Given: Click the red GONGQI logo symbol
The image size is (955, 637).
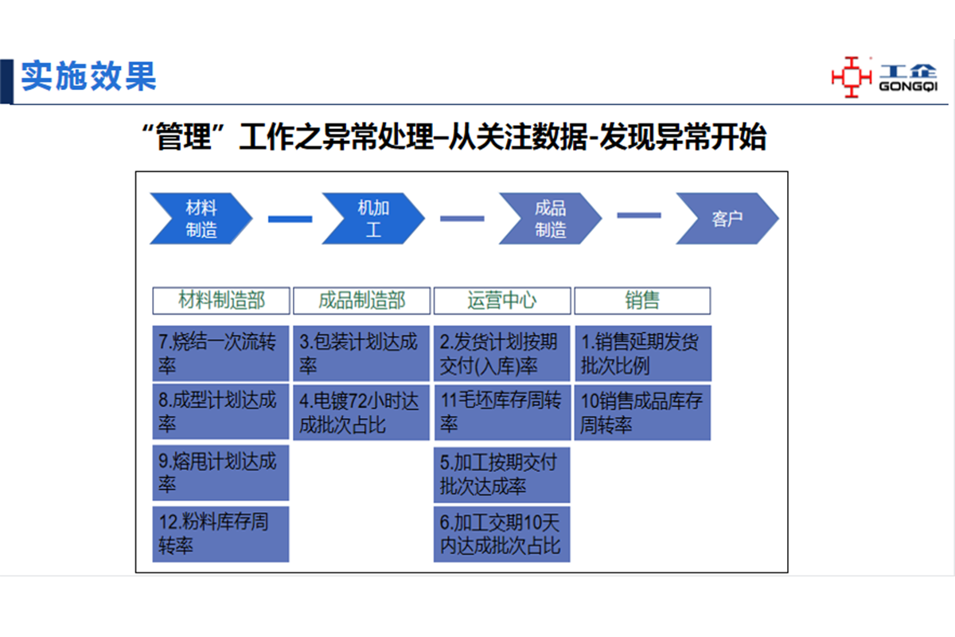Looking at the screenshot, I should pyautogui.click(x=851, y=76).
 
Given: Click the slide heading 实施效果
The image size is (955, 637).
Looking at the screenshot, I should pyautogui.click(x=88, y=76).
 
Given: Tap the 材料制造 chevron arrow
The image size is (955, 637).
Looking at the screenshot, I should pyautogui.click(x=201, y=219).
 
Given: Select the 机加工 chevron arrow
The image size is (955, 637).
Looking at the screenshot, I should pyautogui.click(x=373, y=219).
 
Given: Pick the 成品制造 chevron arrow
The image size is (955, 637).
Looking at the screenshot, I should pyautogui.click(x=550, y=219).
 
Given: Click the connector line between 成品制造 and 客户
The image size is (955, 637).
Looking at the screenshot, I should pyautogui.click(x=638, y=215).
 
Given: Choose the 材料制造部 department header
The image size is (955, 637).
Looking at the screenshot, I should pyautogui.click(x=221, y=300).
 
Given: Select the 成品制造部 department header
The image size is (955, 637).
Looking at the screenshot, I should pyautogui.click(x=361, y=300).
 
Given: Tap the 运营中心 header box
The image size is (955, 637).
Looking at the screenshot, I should pyautogui.click(x=502, y=300).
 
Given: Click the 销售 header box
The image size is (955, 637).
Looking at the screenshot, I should pyautogui.click(x=642, y=300).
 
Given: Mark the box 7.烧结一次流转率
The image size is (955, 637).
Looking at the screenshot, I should pyautogui.click(x=220, y=354).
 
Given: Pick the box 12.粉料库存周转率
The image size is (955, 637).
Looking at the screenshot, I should pyautogui.click(x=220, y=533).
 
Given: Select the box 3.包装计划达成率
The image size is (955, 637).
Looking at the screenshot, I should pyautogui.click(x=361, y=354).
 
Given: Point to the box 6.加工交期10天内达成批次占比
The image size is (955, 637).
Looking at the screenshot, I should pyautogui.click(x=502, y=533).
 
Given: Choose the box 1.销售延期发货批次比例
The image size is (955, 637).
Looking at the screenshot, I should pyautogui.click(x=642, y=354).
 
